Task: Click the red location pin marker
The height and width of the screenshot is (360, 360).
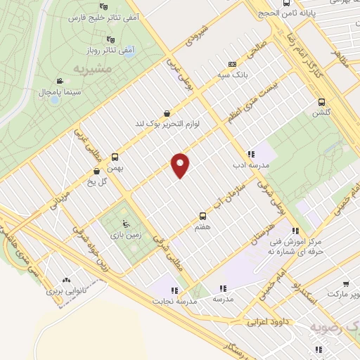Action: tap(181, 165)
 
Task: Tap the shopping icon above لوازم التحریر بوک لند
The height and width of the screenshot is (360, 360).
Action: tap(166, 113)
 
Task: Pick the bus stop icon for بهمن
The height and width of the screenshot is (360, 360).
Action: tap(115, 157)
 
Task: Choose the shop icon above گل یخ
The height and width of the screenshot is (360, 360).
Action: tap(96, 171)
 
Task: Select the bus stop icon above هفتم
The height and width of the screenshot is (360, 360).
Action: tap(203, 216)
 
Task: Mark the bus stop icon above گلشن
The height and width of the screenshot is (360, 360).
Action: tap(322, 102)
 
